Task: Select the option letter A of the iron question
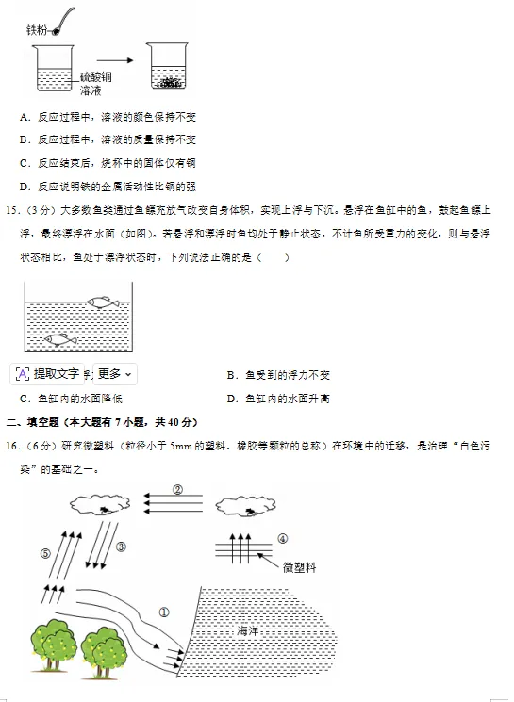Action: click(x=24, y=117)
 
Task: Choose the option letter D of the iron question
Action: click(x=24, y=187)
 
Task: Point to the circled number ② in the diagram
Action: click(x=176, y=488)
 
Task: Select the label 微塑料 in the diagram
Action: click(x=300, y=567)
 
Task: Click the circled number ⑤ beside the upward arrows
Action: click(x=44, y=553)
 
